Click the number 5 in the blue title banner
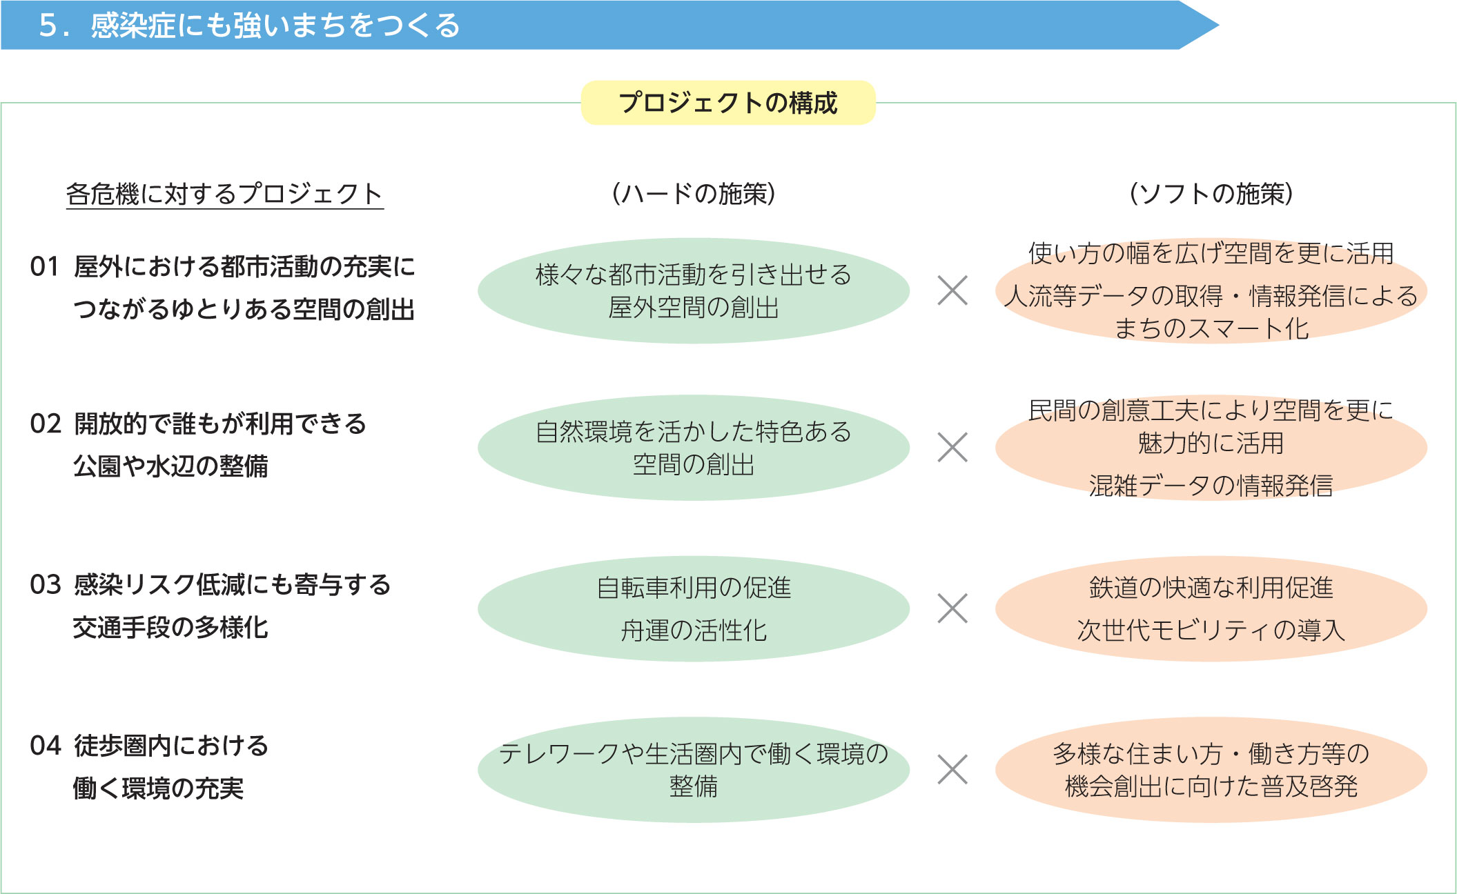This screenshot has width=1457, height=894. [x=48, y=26]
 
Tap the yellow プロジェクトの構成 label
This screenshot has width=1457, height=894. [x=728, y=103]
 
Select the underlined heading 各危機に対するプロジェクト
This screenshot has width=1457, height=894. [x=224, y=194]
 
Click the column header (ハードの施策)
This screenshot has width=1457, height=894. [x=694, y=194]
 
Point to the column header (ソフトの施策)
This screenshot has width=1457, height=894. [x=1211, y=194]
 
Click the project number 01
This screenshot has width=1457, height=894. [x=45, y=267]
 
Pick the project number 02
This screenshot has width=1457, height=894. [x=46, y=424]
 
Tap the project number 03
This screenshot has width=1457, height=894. [x=46, y=585]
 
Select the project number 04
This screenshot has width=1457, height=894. [x=46, y=746]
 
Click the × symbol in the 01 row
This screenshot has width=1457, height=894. [x=952, y=290]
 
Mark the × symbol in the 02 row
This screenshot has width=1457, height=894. [x=952, y=447]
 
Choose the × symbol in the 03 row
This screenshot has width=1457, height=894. [x=952, y=608]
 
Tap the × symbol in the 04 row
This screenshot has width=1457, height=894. [x=952, y=769]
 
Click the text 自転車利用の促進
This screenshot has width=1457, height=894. [x=694, y=588]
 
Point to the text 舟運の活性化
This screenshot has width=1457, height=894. [x=694, y=630]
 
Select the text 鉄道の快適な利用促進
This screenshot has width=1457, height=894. [x=1211, y=588]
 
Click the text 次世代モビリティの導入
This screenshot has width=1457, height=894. [x=1211, y=630]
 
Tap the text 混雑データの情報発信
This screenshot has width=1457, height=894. [x=1211, y=486]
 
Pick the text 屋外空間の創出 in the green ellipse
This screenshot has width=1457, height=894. [x=694, y=308]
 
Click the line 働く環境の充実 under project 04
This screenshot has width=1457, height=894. [x=158, y=788]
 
